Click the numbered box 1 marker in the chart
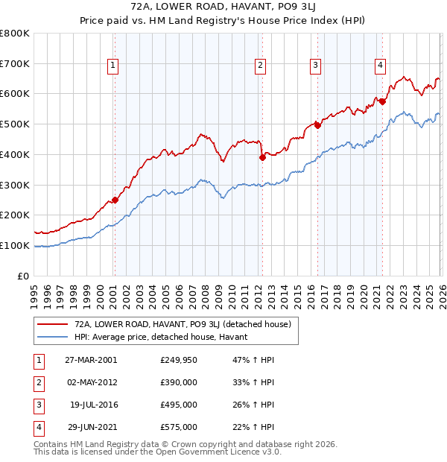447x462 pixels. (x=112, y=66)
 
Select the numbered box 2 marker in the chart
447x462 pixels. (x=261, y=66)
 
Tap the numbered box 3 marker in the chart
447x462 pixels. (x=316, y=66)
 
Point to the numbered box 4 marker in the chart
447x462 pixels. (x=380, y=66)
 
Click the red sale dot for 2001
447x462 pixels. (x=115, y=200)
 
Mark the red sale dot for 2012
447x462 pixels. (x=262, y=157)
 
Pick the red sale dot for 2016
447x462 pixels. (x=317, y=125)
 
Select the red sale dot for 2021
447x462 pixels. (x=382, y=101)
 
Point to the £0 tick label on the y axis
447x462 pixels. (x=22, y=276)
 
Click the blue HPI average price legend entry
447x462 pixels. (x=165, y=337)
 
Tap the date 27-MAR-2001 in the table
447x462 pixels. (x=91, y=360)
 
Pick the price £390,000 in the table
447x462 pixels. (x=179, y=382)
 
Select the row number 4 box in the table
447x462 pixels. (x=37, y=427)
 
